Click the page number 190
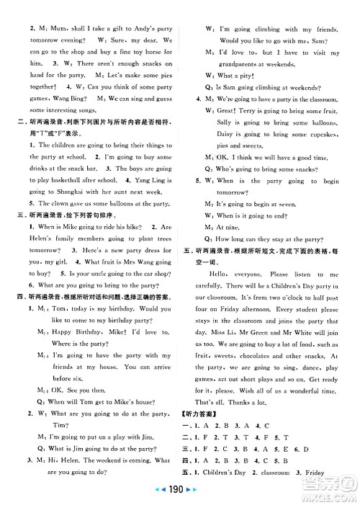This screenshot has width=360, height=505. pyautogui.click(x=180, y=497)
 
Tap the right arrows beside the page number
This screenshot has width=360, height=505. pyautogui.click(x=198, y=497)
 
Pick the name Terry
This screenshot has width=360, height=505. pyautogui.click(x=257, y=111)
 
